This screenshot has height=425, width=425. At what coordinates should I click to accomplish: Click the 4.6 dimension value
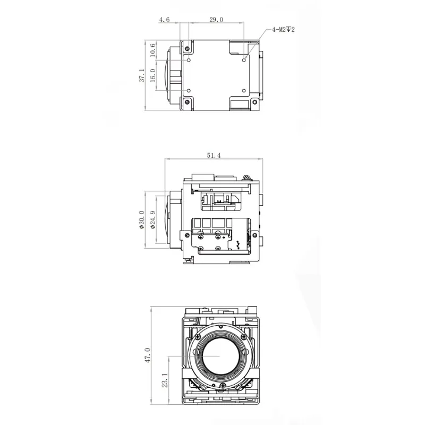(x=164, y=20)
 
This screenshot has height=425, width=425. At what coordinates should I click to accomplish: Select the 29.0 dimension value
(x=216, y=20)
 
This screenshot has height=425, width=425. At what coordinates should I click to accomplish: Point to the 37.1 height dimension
(x=142, y=75)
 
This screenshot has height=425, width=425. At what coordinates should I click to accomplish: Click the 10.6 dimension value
(x=152, y=50)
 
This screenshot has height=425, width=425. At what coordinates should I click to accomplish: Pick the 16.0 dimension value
(x=152, y=75)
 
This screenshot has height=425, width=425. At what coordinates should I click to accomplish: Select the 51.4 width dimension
(x=214, y=155)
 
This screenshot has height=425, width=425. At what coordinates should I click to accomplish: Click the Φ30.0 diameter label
(x=142, y=219)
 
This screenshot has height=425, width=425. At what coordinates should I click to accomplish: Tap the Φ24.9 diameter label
(x=153, y=219)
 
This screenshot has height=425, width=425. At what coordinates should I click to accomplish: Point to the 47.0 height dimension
(x=148, y=355)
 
